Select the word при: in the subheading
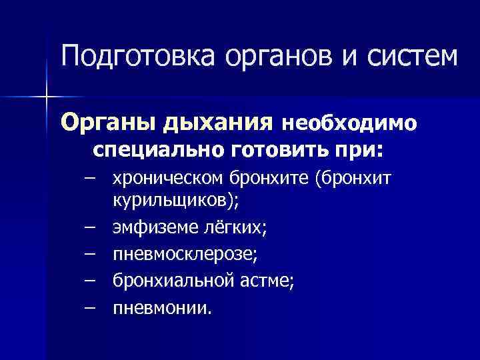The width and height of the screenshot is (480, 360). click(x=360, y=149)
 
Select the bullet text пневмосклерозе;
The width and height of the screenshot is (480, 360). click(x=185, y=255)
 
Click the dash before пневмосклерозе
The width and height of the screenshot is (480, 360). click(x=89, y=255)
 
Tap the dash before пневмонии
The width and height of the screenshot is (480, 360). click(x=89, y=309)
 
